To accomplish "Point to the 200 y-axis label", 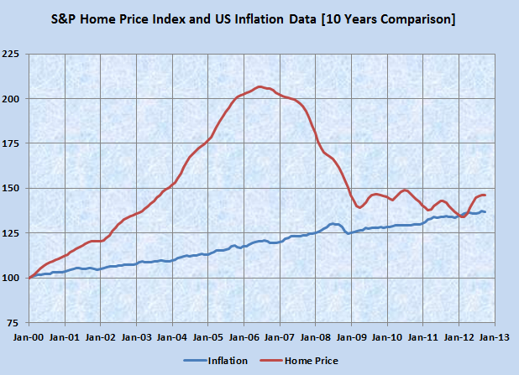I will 13,99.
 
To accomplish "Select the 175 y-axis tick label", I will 13,143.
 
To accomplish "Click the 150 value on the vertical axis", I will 13,189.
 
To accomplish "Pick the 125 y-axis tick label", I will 13,233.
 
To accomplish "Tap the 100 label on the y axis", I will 13,278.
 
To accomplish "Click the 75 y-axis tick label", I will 15,323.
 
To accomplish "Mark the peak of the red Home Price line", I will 259,86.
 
